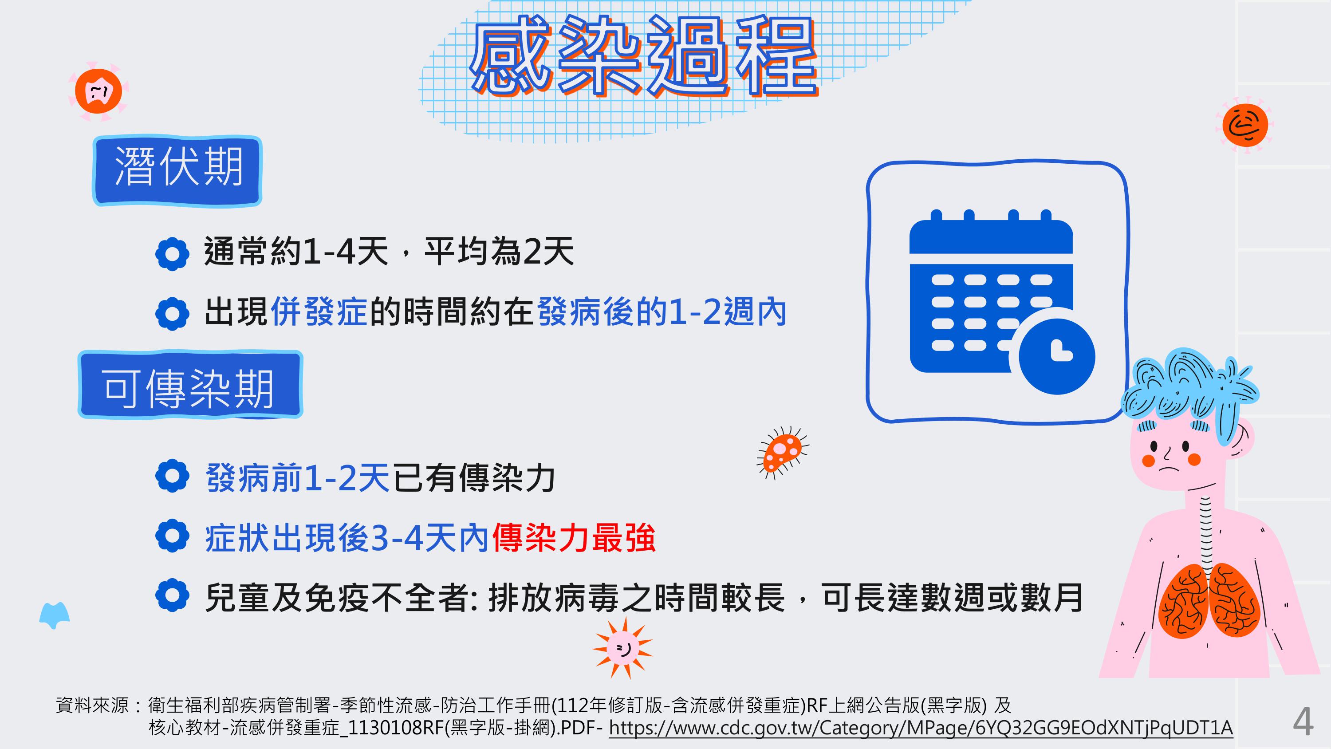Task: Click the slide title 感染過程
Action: (644, 56)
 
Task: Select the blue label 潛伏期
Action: (177, 170)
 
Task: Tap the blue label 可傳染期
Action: (190, 385)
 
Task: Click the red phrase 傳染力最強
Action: (574, 538)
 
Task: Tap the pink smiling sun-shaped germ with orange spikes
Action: (622, 647)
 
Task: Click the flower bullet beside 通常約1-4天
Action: (172, 254)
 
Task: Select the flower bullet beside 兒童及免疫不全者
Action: (172, 595)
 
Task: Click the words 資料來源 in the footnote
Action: (92, 705)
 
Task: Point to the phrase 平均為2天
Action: (499, 252)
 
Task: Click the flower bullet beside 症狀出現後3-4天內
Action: (172, 536)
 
